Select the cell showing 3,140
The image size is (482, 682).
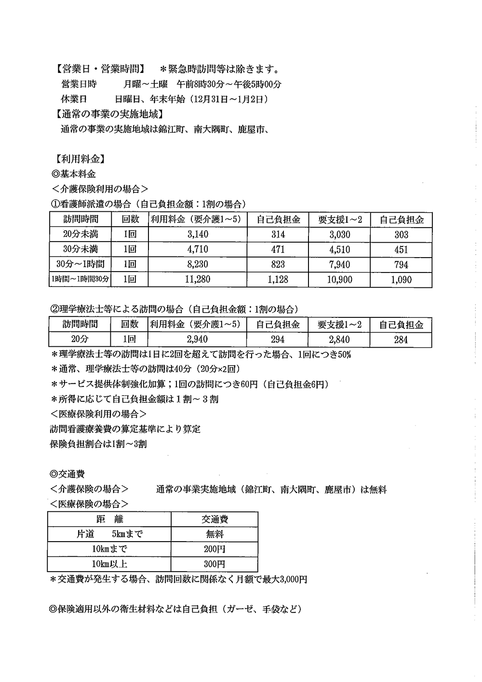click(x=198, y=235)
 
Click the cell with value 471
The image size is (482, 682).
click(x=278, y=250)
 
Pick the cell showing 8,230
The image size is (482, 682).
click(x=198, y=264)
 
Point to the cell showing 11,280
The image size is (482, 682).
click(x=198, y=279)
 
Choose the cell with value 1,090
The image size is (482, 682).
click(x=401, y=279)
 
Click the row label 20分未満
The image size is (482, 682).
click(x=80, y=235)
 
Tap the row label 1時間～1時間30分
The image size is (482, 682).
click(x=80, y=279)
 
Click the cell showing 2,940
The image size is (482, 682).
click(x=198, y=340)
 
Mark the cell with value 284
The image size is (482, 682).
click(x=401, y=340)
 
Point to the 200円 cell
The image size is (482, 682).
click(x=214, y=549)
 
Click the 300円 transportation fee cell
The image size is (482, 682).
click(x=214, y=564)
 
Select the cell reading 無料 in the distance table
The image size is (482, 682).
click(x=214, y=534)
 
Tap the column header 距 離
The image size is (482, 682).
click(x=109, y=519)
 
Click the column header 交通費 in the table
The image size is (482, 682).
click(x=214, y=519)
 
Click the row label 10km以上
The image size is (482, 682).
click(x=110, y=564)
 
